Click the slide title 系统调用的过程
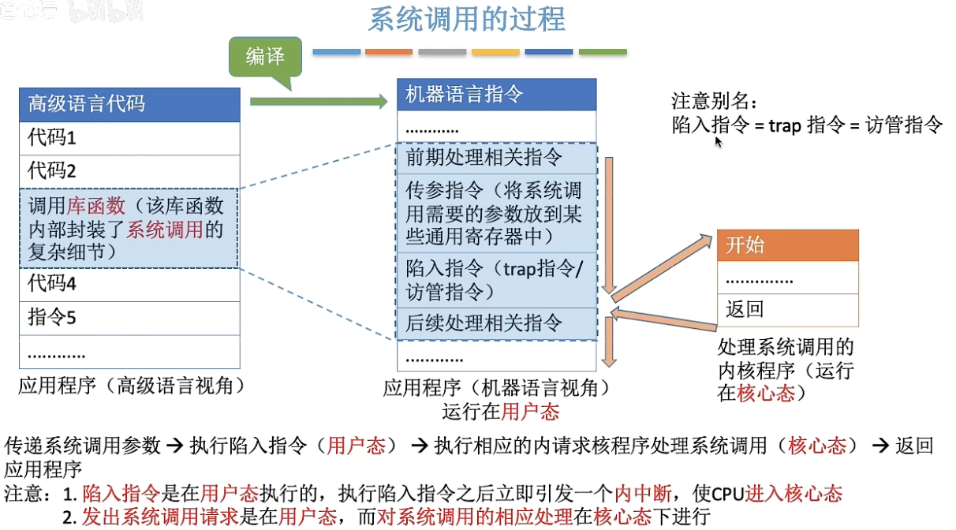click(x=467, y=19)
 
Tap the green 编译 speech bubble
click(x=264, y=57)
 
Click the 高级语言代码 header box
click(x=129, y=104)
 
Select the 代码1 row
click(x=129, y=138)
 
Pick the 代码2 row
click(x=129, y=171)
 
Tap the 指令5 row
click(x=129, y=318)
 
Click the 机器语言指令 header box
click(x=496, y=95)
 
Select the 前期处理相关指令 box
click(x=496, y=158)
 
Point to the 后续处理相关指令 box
click(x=496, y=323)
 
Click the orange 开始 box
click(x=787, y=245)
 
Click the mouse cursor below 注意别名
click(x=718, y=141)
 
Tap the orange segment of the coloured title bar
click(x=388, y=52)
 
